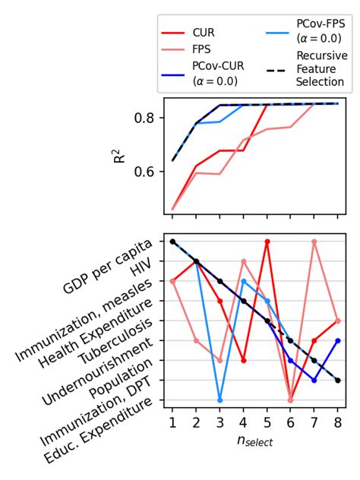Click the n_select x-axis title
255,440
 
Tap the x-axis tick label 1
172,422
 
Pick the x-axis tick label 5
267,422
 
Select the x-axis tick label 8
338,422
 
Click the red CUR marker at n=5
267,242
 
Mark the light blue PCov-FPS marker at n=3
220,399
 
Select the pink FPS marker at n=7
314,242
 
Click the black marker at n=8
338,380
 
